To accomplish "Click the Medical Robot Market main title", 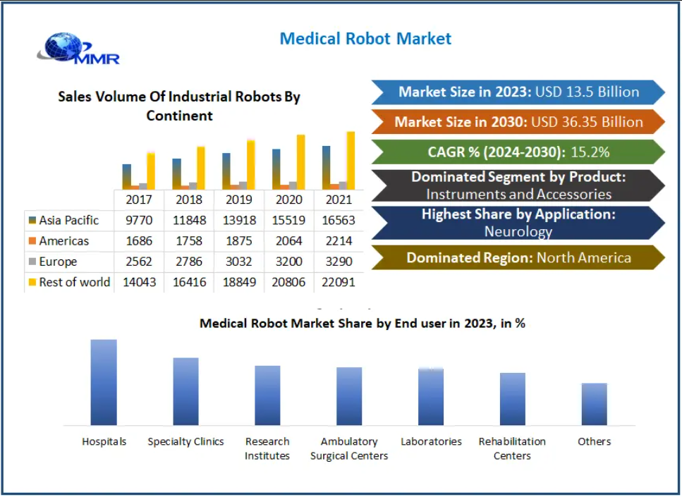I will (365, 39).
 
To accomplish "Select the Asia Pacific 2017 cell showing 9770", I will (138, 221).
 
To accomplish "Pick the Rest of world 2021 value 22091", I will (339, 282).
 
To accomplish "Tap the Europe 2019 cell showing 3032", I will (238, 262).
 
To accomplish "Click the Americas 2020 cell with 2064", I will (288, 241).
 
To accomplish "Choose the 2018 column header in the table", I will (188, 200).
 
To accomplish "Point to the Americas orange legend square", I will (32, 242).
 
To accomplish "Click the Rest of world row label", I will (74, 282).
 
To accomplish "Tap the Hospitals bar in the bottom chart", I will (104, 382).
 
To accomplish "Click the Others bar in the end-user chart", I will (594, 404).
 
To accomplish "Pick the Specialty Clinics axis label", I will (185, 441).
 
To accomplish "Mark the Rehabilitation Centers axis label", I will (512, 448).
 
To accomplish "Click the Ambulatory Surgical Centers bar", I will (349, 395).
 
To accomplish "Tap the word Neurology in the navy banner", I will (518, 231).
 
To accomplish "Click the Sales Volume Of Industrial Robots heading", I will (179, 106).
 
